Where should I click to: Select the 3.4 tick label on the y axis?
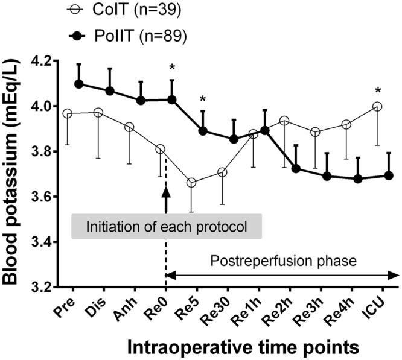[x=41, y=242]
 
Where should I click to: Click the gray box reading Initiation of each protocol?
[x=159, y=227]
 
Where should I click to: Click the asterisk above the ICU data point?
[x=378, y=91]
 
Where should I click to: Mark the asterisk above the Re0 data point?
[x=172, y=68]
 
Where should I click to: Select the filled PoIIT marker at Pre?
[x=78, y=84]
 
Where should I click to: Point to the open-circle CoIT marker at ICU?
[x=378, y=106]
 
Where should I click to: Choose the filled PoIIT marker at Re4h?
[x=357, y=178]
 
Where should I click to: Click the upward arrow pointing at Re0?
[x=166, y=196]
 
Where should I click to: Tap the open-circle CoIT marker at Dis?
[x=98, y=113]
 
